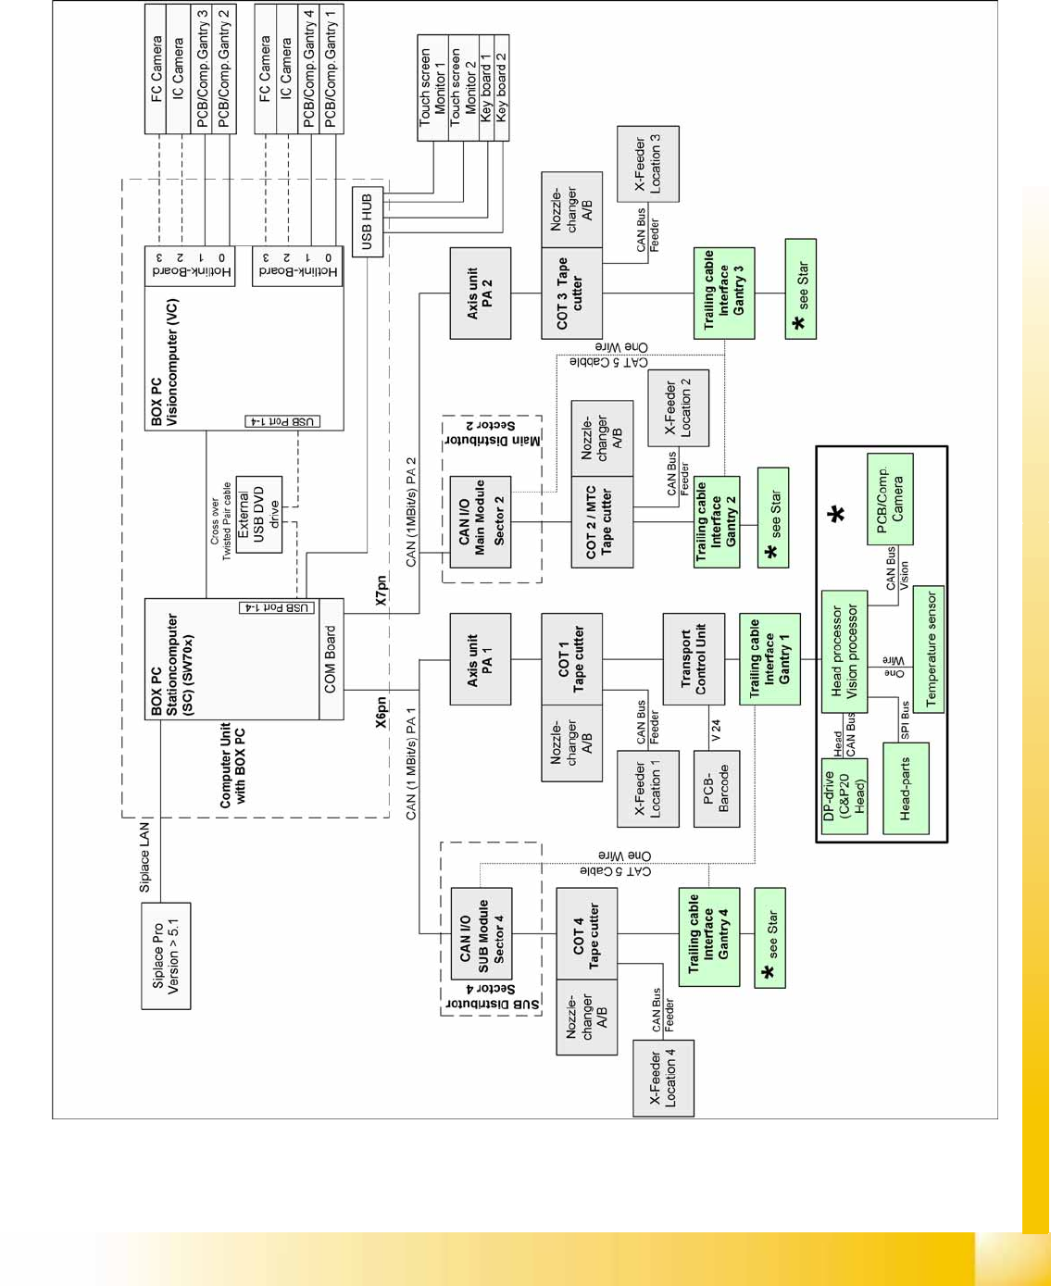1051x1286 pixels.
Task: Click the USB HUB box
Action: point(367,220)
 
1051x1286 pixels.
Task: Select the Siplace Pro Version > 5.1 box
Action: point(166,955)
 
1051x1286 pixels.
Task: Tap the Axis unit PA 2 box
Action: point(480,293)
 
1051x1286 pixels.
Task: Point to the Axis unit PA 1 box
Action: point(480,659)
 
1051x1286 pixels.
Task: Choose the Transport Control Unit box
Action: point(694,659)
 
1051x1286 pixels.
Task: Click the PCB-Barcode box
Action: point(716,787)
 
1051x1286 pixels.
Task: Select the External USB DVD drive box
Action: point(258,515)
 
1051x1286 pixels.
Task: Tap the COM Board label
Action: point(331,659)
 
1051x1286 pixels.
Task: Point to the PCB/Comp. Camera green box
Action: point(889,498)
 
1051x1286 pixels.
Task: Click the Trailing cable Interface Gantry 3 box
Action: point(723,293)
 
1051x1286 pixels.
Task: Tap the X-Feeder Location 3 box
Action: point(647,164)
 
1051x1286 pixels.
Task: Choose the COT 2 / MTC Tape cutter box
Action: point(602,522)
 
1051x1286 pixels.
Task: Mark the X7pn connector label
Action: point(382,589)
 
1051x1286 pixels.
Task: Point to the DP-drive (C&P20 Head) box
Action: point(844,796)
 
